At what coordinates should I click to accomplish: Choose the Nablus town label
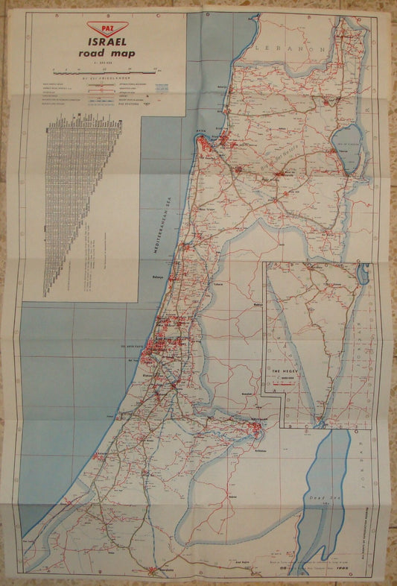tap(258, 304)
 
